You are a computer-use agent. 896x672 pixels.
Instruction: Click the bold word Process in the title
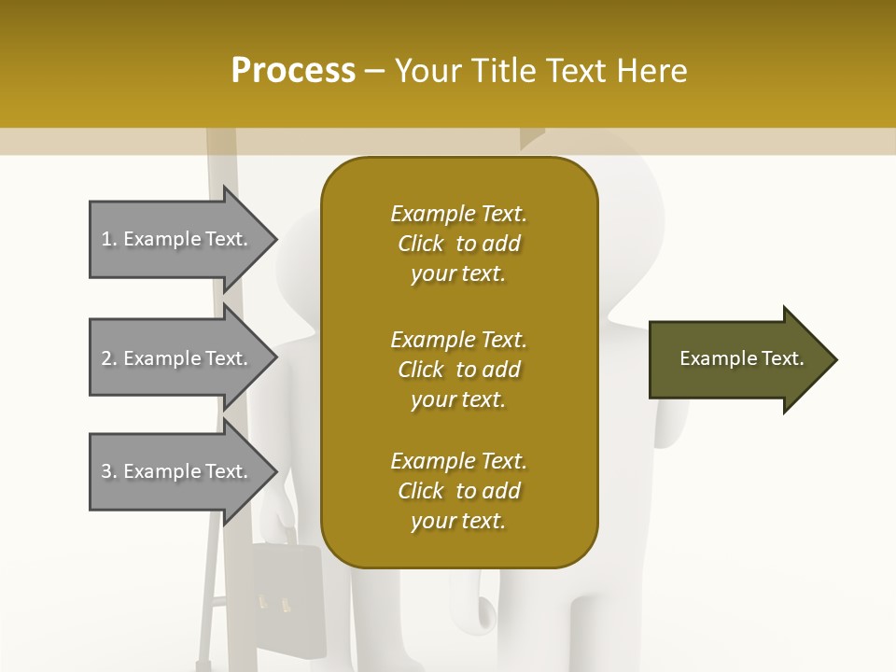293,71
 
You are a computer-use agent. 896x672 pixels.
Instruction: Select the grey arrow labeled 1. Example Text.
177,239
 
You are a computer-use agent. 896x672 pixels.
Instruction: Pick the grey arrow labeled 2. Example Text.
177,358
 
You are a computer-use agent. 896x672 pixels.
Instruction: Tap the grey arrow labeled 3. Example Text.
177,471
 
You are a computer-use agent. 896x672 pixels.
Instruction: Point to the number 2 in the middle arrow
106,358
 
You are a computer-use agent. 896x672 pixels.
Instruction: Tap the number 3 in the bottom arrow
106,471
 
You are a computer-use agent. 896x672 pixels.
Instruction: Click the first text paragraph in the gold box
458,244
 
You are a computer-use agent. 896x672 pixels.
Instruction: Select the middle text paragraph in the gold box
458,370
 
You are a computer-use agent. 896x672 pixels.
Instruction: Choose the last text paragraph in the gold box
458,491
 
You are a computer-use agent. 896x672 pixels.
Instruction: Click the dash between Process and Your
375,71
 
